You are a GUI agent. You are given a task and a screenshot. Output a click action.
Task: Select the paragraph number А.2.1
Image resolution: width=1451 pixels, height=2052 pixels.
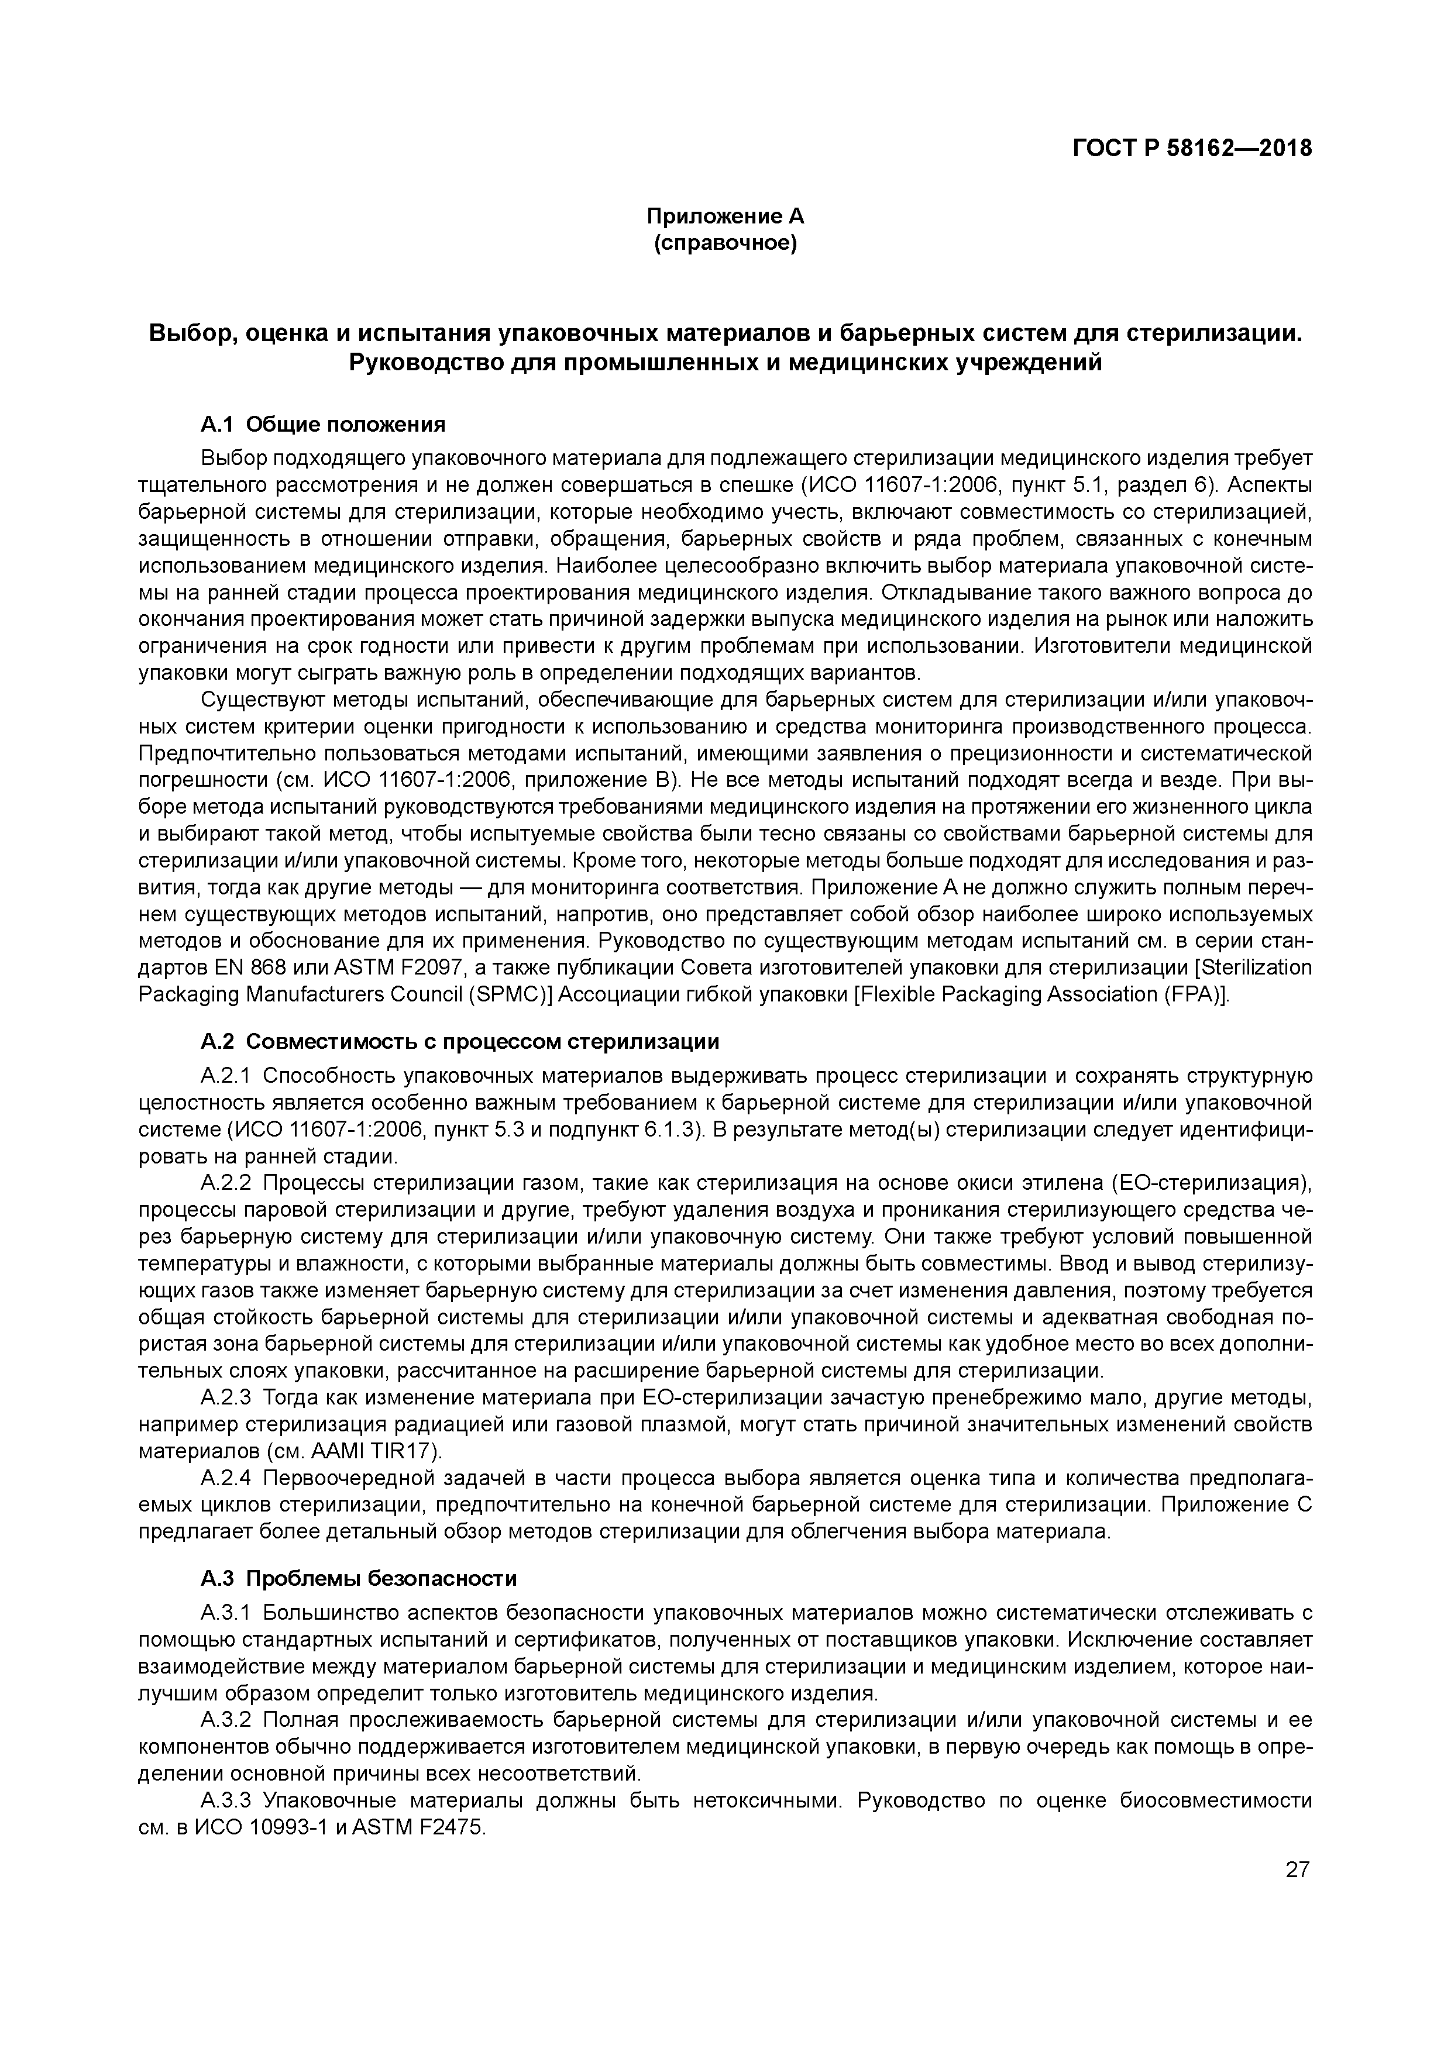tap(228, 1076)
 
